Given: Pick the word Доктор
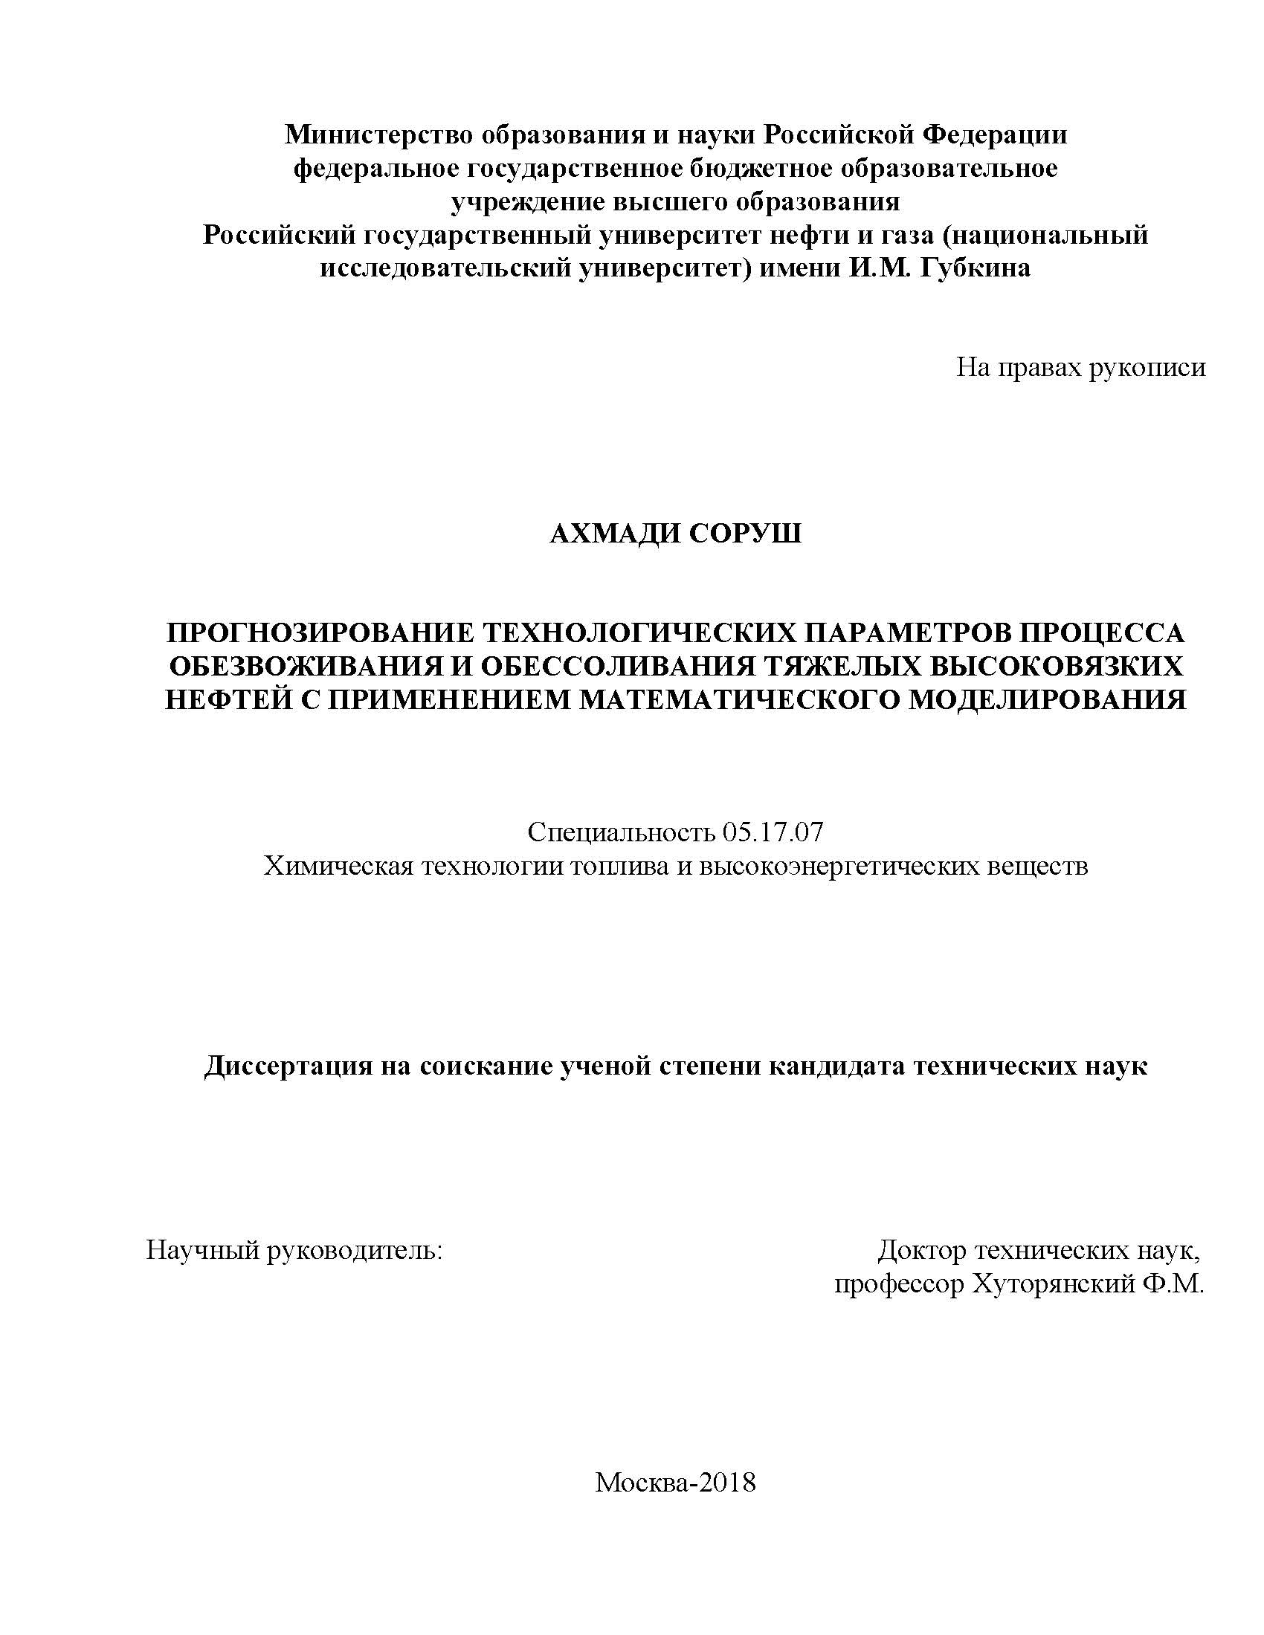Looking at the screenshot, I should (x=922, y=1250).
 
